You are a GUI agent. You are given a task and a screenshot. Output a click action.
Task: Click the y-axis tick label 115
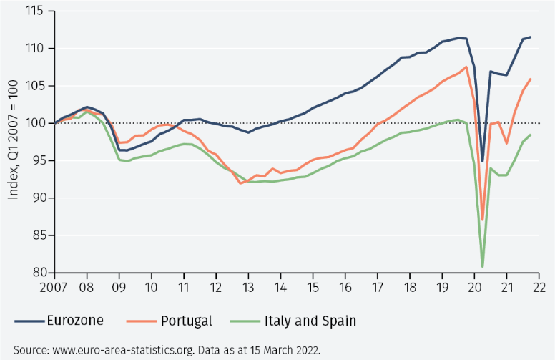33,11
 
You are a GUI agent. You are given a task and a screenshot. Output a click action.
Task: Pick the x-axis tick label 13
248,288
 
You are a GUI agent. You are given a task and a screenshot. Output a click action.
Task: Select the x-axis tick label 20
474,288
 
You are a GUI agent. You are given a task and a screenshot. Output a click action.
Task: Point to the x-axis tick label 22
539,288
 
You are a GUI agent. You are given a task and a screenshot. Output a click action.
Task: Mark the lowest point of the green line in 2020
482,266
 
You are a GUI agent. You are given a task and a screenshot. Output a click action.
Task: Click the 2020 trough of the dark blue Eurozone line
483,161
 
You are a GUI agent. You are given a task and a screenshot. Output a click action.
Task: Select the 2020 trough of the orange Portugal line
483,219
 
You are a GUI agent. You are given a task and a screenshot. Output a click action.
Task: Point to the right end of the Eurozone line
531,37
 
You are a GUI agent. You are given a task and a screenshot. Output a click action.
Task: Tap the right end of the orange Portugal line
531,79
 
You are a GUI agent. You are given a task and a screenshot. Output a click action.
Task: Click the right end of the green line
531,135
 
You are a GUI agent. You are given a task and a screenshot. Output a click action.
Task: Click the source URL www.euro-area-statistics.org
117,350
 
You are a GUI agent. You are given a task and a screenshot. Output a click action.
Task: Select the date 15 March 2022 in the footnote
286,350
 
